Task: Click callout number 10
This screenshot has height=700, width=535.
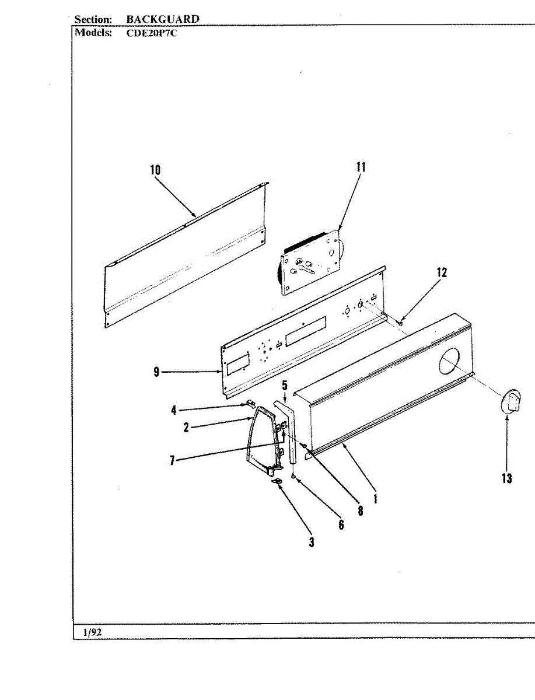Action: [x=155, y=170]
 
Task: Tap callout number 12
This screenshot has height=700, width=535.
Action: [x=442, y=272]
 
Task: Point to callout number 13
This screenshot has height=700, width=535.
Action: [x=506, y=478]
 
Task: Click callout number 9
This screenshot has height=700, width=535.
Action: [x=156, y=372]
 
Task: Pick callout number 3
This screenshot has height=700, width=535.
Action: [x=312, y=542]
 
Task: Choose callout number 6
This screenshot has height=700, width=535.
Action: [x=341, y=525]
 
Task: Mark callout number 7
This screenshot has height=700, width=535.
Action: [x=172, y=460]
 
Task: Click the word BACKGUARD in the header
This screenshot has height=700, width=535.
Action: [x=163, y=19]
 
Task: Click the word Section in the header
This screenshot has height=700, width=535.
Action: [x=93, y=19]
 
